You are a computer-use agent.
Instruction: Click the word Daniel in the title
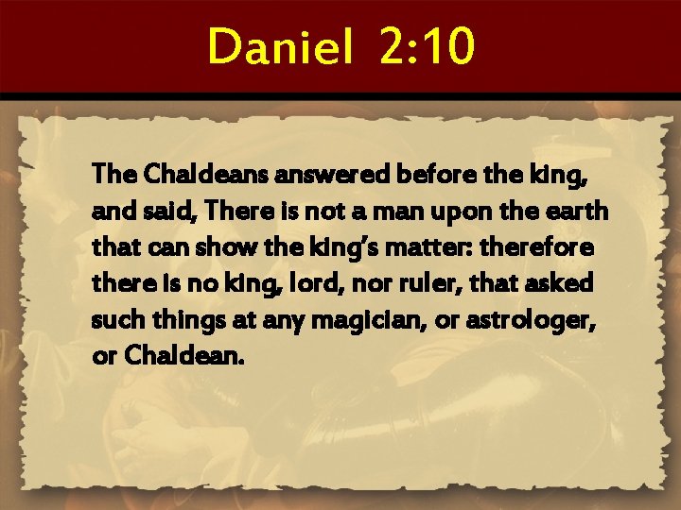coord(280,46)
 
